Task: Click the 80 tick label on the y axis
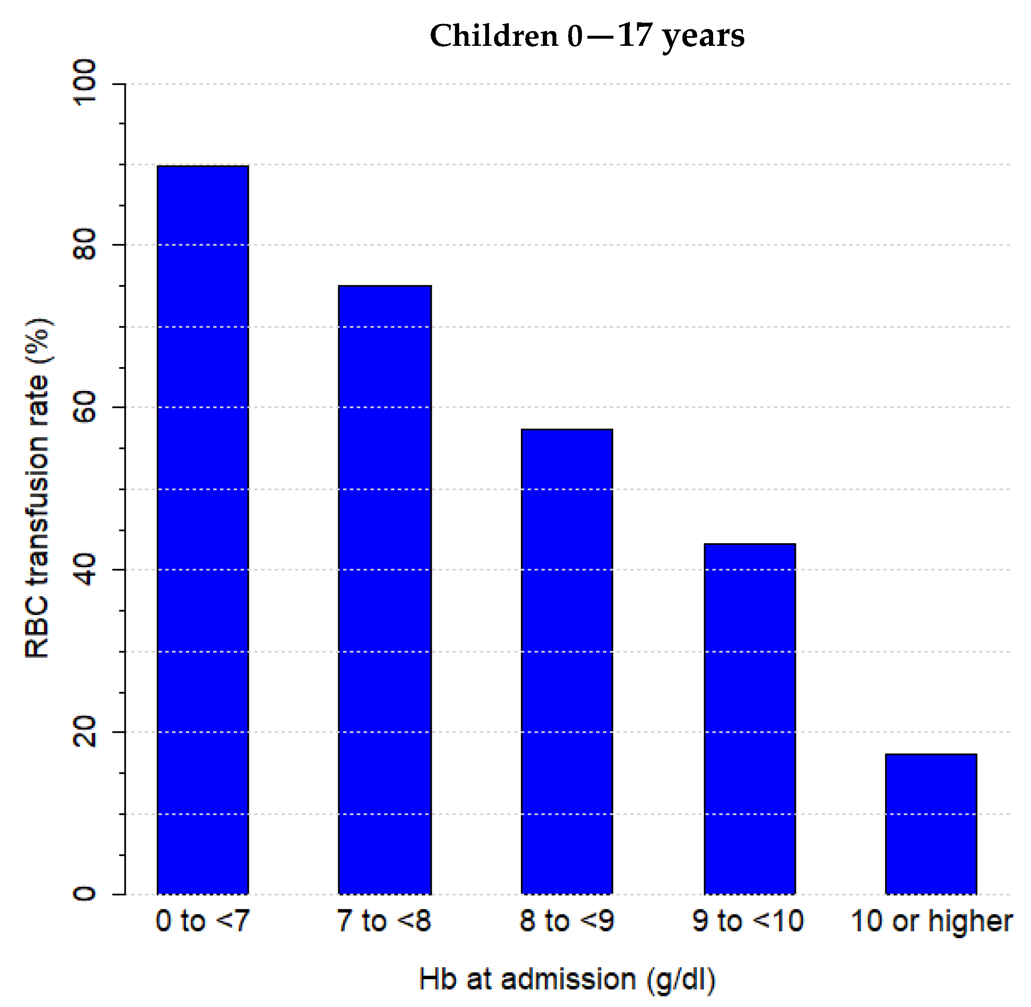point(85,244)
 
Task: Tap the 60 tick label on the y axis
point(85,407)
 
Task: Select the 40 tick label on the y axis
point(85,570)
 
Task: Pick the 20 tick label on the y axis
point(85,732)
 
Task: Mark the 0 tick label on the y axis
point(85,894)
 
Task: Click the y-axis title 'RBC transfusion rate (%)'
point(38,488)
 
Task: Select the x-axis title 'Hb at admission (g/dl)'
point(567,980)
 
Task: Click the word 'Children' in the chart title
point(494,36)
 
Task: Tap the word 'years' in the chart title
point(703,37)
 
